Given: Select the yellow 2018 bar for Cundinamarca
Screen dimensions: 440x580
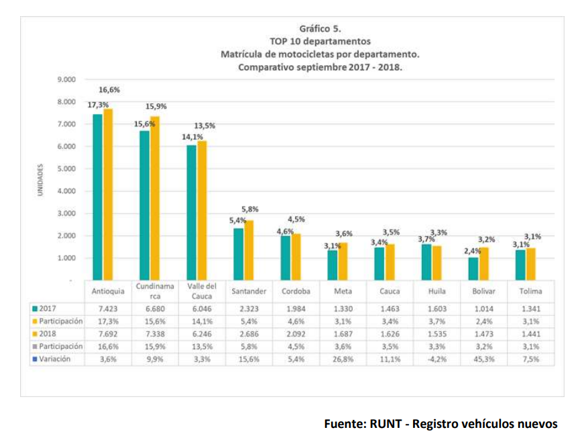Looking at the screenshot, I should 155,198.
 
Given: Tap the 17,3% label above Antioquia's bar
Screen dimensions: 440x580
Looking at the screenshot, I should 97,105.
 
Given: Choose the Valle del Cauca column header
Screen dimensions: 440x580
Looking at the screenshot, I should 202,291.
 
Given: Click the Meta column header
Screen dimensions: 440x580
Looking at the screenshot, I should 343,292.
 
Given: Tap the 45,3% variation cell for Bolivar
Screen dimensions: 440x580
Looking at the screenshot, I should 483,359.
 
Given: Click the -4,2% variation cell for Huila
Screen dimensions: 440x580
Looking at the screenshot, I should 437,359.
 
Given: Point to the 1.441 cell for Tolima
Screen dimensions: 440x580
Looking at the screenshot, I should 530,334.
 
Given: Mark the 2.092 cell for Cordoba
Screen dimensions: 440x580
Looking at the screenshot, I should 296,334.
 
